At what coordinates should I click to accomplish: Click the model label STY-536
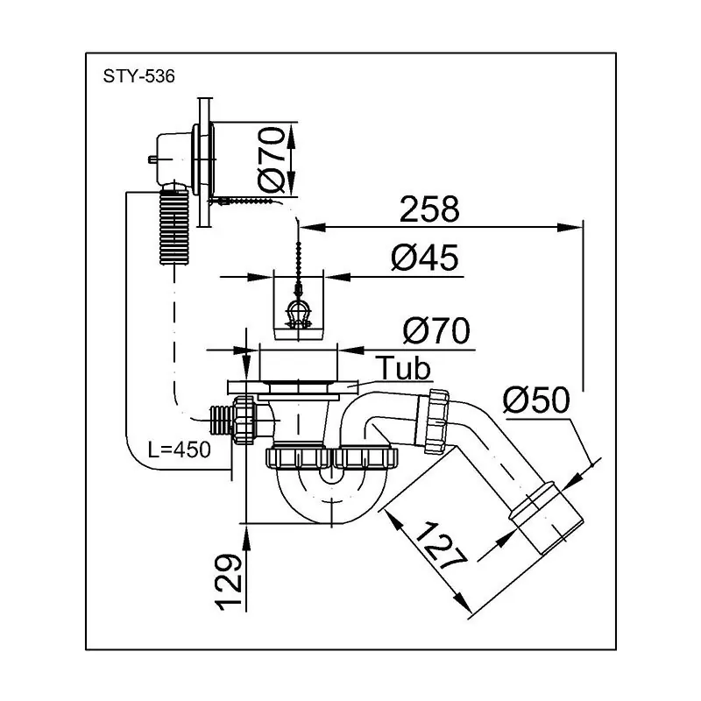click(138, 76)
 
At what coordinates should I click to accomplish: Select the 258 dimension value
click(429, 209)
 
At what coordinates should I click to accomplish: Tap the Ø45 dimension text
click(425, 258)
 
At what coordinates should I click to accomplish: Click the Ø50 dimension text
click(536, 400)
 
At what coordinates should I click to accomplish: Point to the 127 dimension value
click(440, 546)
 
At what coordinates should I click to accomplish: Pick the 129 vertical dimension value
click(230, 582)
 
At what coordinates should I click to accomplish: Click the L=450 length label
click(180, 450)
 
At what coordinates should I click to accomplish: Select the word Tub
click(405, 368)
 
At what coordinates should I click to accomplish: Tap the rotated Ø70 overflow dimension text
click(272, 159)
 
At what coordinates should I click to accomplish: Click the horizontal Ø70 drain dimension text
click(436, 331)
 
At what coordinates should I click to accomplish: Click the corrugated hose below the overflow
click(174, 228)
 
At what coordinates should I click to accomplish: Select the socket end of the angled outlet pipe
click(547, 519)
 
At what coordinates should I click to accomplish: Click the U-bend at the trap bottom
click(331, 496)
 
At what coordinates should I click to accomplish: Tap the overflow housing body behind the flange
click(173, 159)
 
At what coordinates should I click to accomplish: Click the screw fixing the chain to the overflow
click(244, 202)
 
